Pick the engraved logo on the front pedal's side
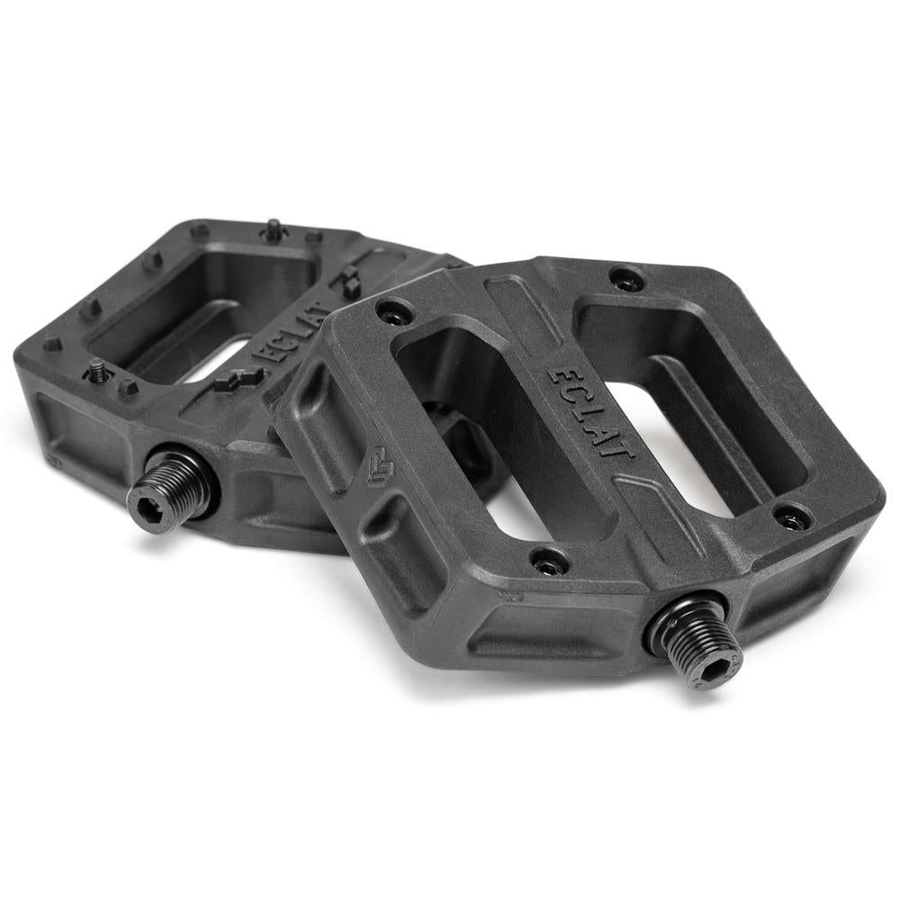(380, 465)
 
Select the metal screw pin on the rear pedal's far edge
(273, 230)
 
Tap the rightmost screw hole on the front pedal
(792, 517)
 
